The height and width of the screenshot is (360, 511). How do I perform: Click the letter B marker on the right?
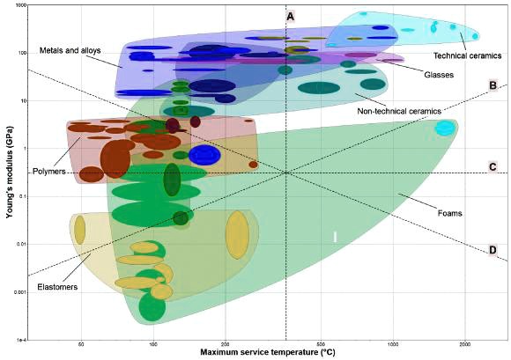pyautogui.click(x=492, y=85)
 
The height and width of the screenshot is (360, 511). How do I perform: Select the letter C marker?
pyautogui.click(x=492, y=166)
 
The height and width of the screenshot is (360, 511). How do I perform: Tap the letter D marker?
pyautogui.click(x=492, y=250)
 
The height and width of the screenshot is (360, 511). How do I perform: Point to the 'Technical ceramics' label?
pyautogui.click(x=467, y=55)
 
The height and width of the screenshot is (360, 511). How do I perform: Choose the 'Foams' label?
pyautogui.click(x=449, y=212)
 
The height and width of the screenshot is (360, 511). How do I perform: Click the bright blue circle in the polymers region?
pyautogui.click(x=204, y=155)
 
